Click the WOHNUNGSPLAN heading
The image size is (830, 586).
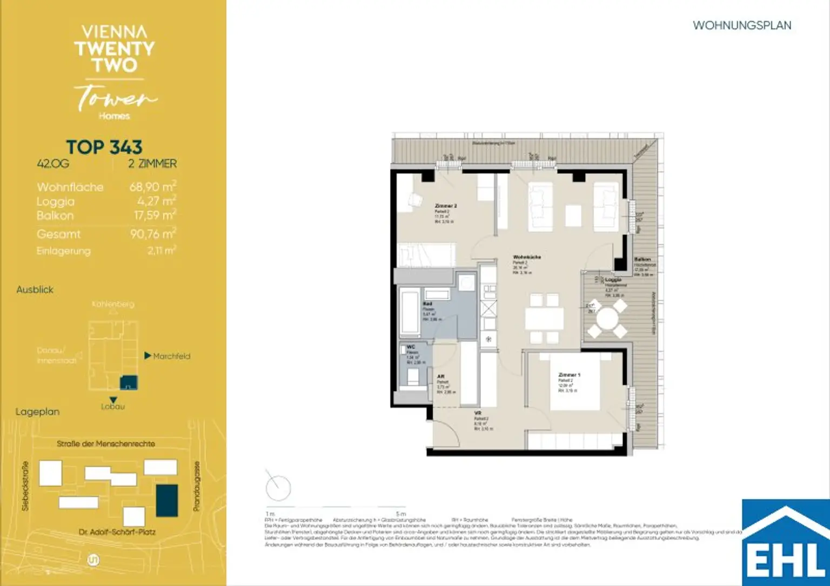[741, 25]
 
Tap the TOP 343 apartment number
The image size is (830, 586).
[104, 147]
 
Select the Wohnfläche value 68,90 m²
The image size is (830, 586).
[152, 187]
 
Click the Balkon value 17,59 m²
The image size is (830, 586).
[155, 215]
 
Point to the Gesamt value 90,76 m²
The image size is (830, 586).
[153, 234]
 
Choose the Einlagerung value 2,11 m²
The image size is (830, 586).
[162, 251]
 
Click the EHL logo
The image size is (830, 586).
[786, 543]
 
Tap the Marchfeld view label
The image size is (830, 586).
[171, 356]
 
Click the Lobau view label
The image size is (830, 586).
[112, 407]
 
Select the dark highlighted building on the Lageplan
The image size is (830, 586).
[166, 500]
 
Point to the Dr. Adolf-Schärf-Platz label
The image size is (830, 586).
[117, 532]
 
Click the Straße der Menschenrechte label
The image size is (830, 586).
[106, 444]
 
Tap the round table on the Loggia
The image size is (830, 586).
[607, 319]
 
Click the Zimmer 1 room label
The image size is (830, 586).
[568, 375]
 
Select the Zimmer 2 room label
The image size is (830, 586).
[446, 206]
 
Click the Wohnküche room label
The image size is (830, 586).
[526, 257]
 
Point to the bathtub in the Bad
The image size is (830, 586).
[409, 313]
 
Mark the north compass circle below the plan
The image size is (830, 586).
[278, 488]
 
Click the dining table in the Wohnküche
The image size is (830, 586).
[544, 319]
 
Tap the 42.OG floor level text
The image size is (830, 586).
[53, 164]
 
